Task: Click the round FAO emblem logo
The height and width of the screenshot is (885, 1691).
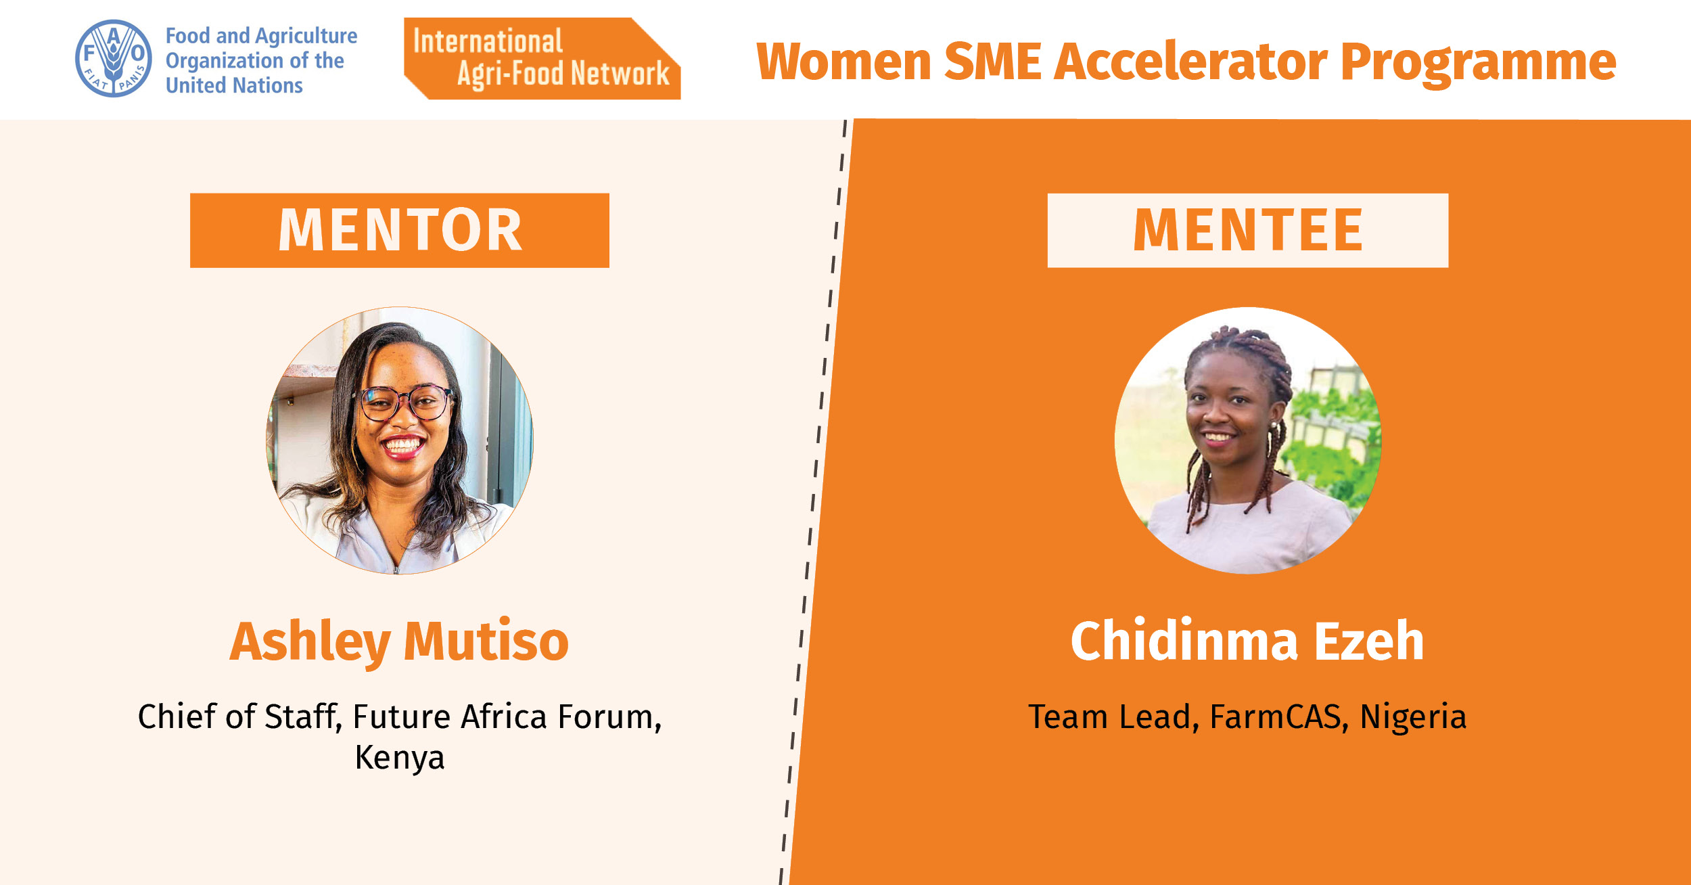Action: click(114, 58)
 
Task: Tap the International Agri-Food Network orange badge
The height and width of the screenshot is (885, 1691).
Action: click(542, 59)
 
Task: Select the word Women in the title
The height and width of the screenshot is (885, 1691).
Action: click(843, 62)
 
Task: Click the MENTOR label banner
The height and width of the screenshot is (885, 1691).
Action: click(400, 231)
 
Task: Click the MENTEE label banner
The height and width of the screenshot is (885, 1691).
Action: click(1248, 231)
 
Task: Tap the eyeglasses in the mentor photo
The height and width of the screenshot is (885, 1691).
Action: click(404, 402)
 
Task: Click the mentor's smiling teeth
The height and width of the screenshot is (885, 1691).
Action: click(403, 445)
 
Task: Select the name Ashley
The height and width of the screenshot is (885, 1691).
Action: click(310, 641)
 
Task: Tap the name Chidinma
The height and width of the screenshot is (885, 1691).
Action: click(1184, 640)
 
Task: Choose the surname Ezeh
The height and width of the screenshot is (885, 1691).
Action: click(1369, 640)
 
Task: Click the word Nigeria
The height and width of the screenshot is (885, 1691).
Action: click(1413, 717)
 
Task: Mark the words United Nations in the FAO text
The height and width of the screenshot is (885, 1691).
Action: click(234, 85)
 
